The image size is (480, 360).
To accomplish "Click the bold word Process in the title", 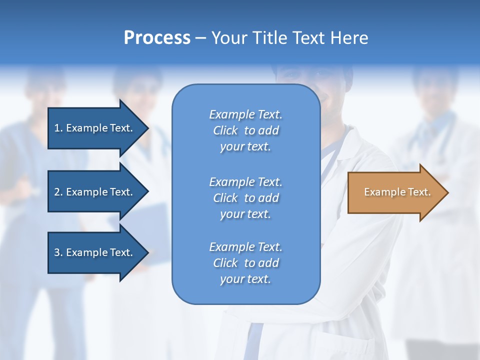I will coord(157,38).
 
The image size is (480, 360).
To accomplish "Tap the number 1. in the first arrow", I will coord(58,128).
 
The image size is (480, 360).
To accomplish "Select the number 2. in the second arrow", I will coord(58,192).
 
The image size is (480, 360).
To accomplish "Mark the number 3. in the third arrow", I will coord(58,252).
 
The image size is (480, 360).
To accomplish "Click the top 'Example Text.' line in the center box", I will coord(245,114).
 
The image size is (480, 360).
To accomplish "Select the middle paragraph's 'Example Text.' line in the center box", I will coord(245,181).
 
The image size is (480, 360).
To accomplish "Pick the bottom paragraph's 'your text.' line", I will coord(245,279).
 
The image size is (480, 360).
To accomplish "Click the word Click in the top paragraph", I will coord(225,130).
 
